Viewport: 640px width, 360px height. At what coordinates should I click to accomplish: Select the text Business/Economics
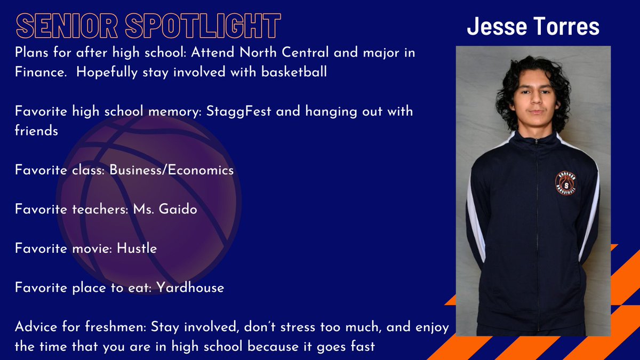pos(172,170)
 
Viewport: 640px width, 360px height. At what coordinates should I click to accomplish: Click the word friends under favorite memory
pos(36,131)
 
